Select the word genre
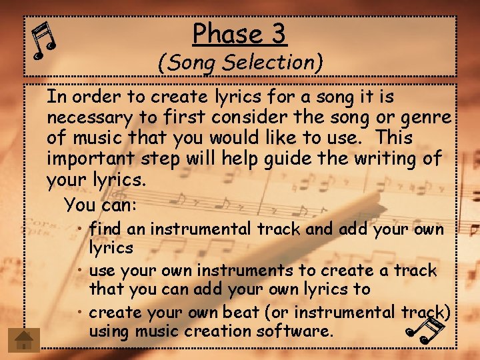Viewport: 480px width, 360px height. tap(425, 118)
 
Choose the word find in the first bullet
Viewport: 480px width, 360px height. tap(105, 229)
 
